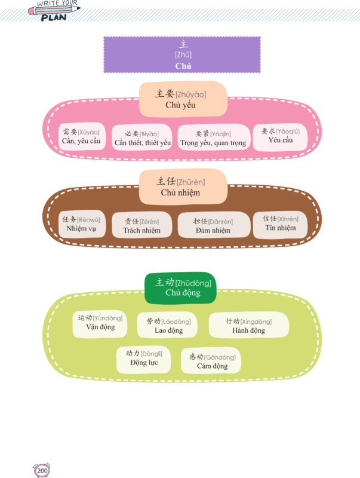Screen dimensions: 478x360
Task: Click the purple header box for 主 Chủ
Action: pyautogui.click(x=181, y=54)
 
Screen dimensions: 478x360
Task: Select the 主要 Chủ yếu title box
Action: pyautogui.click(x=181, y=99)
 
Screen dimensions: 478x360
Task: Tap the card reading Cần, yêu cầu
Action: pyautogui.click(x=81, y=137)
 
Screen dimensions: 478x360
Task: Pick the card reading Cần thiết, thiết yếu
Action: pyautogui.click(x=143, y=137)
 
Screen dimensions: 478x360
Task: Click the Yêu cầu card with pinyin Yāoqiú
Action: pyautogui.click(x=280, y=136)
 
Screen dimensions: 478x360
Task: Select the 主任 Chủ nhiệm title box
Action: pyautogui.click(x=181, y=186)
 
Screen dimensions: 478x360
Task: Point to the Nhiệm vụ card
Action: pyautogui.click(x=81, y=224)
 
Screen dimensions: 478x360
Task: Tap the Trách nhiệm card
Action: pyautogui.click(x=142, y=225)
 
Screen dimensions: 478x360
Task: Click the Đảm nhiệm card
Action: pyautogui.click(x=213, y=225)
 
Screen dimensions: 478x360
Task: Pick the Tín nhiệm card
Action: pyautogui.click(x=281, y=223)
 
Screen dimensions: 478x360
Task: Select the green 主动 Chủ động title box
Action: pyautogui.click(x=181, y=287)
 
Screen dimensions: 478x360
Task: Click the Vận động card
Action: pyautogui.click(x=100, y=323)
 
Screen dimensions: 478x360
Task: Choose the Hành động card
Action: pyautogui.click(x=248, y=326)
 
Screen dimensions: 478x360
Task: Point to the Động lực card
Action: pyautogui.click(x=144, y=358)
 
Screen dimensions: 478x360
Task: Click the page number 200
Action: pyautogui.click(x=42, y=471)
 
